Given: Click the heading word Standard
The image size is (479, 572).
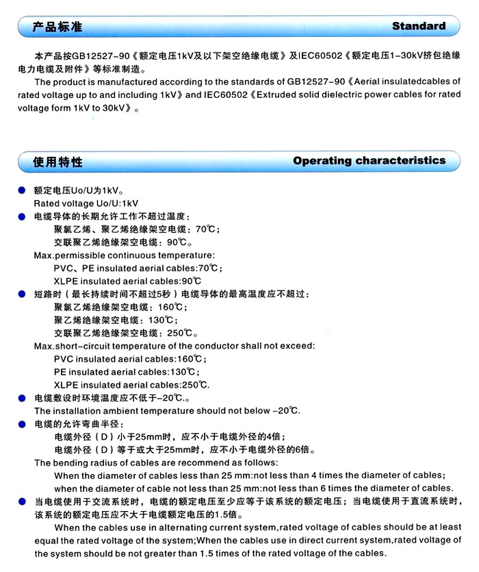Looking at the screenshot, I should (419, 26).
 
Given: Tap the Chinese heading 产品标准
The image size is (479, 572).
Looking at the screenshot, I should (58, 27).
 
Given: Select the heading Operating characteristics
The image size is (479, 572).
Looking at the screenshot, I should (369, 160).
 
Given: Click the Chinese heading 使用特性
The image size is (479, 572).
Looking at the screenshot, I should (58, 161).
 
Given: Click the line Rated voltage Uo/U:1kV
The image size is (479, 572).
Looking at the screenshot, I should (86, 203).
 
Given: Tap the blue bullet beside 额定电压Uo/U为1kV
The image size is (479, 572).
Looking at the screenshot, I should (22, 190).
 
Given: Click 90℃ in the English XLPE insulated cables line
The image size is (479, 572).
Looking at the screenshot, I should (191, 282).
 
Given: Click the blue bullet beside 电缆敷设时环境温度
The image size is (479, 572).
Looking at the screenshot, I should (22, 398).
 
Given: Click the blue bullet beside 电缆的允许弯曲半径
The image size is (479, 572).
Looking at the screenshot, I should (22, 424).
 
